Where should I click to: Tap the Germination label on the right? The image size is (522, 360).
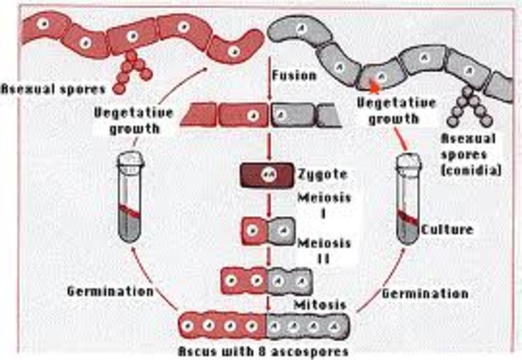[436, 292]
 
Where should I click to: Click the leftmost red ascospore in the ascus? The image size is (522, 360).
[194, 323]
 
